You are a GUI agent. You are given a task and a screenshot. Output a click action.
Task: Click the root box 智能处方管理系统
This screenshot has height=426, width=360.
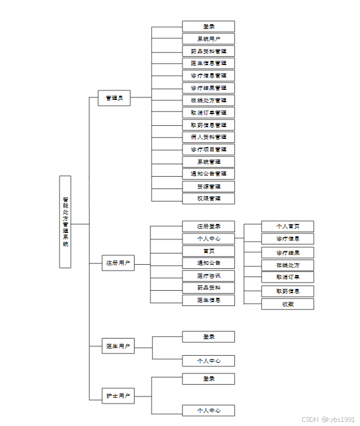click(x=65, y=222)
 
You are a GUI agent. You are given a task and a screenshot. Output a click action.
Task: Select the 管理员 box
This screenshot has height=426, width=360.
click(x=114, y=98)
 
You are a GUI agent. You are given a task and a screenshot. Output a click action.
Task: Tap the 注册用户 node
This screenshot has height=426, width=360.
click(x=118, y=263)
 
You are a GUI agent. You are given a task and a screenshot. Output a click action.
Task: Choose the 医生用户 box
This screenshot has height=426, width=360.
click(x=118, y=346)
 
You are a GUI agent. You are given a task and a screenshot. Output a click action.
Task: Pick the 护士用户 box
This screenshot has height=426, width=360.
click(x=118, y=395)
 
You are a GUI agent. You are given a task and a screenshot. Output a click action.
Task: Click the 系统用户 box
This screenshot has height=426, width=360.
click(x=208, y=39)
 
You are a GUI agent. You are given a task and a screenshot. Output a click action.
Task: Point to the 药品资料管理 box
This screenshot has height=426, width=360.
click(x=208, y=51)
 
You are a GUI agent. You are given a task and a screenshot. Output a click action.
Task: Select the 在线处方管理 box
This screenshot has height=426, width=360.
click(x=208, y=100)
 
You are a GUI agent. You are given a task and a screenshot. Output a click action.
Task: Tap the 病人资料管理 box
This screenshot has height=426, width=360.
click(x=208, y=137)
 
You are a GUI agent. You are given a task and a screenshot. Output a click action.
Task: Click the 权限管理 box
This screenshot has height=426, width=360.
click(x=208, y=199)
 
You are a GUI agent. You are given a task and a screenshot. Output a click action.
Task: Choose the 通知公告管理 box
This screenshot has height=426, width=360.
click(x=208, y=174)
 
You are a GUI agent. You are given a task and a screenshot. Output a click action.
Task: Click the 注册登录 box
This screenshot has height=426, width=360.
click(x=208, y=226)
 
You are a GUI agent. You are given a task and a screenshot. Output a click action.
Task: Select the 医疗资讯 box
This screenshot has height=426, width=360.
click(x=208, y=276)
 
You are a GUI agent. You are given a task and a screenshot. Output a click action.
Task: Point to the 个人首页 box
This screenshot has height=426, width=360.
click(x=287, y=226)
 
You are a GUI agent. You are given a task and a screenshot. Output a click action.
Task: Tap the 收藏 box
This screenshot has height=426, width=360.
click(x=287, y=304)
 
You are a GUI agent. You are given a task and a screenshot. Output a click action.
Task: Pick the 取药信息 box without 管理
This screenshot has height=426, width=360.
click(x=287, y=291)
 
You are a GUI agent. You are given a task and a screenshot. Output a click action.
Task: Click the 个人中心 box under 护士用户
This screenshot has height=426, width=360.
click(x=208, y=410)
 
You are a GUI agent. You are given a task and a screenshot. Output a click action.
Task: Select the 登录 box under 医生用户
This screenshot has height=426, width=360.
click(x=208, y=337)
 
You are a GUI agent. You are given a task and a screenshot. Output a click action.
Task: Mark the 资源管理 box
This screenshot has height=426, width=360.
click(x=208, y=186)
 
